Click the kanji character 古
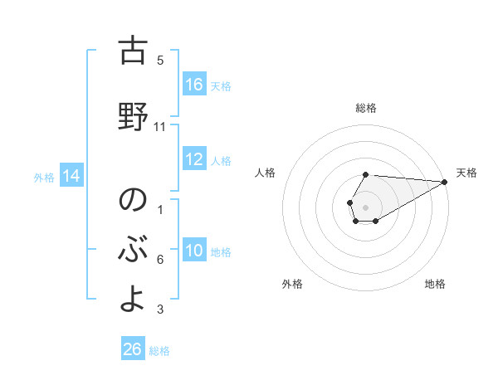(132, 51)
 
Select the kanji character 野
(132, 116)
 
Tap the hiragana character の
(132, 200)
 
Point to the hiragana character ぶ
(132, 250)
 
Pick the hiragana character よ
(132, 300)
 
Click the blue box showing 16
(194, 85)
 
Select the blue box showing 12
(194, 159)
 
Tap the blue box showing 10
(194, 251)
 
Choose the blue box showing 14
(71, 175)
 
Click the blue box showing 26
(133, 349)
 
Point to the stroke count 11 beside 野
(160, 127)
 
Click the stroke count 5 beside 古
(160, 61)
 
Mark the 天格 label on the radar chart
(466, 173)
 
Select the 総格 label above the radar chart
(366, 108)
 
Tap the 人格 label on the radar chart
(266, 173)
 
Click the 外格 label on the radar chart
(292, 284)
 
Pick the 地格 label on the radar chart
(435, 284)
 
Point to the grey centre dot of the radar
(365, 207)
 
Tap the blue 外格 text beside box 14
(44, 177)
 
